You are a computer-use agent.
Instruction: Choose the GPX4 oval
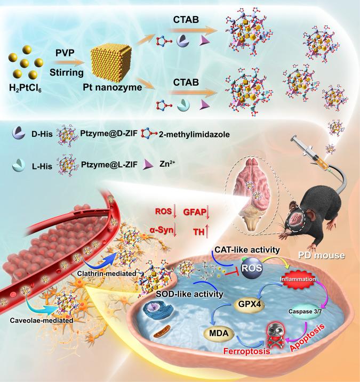coord(249,305)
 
